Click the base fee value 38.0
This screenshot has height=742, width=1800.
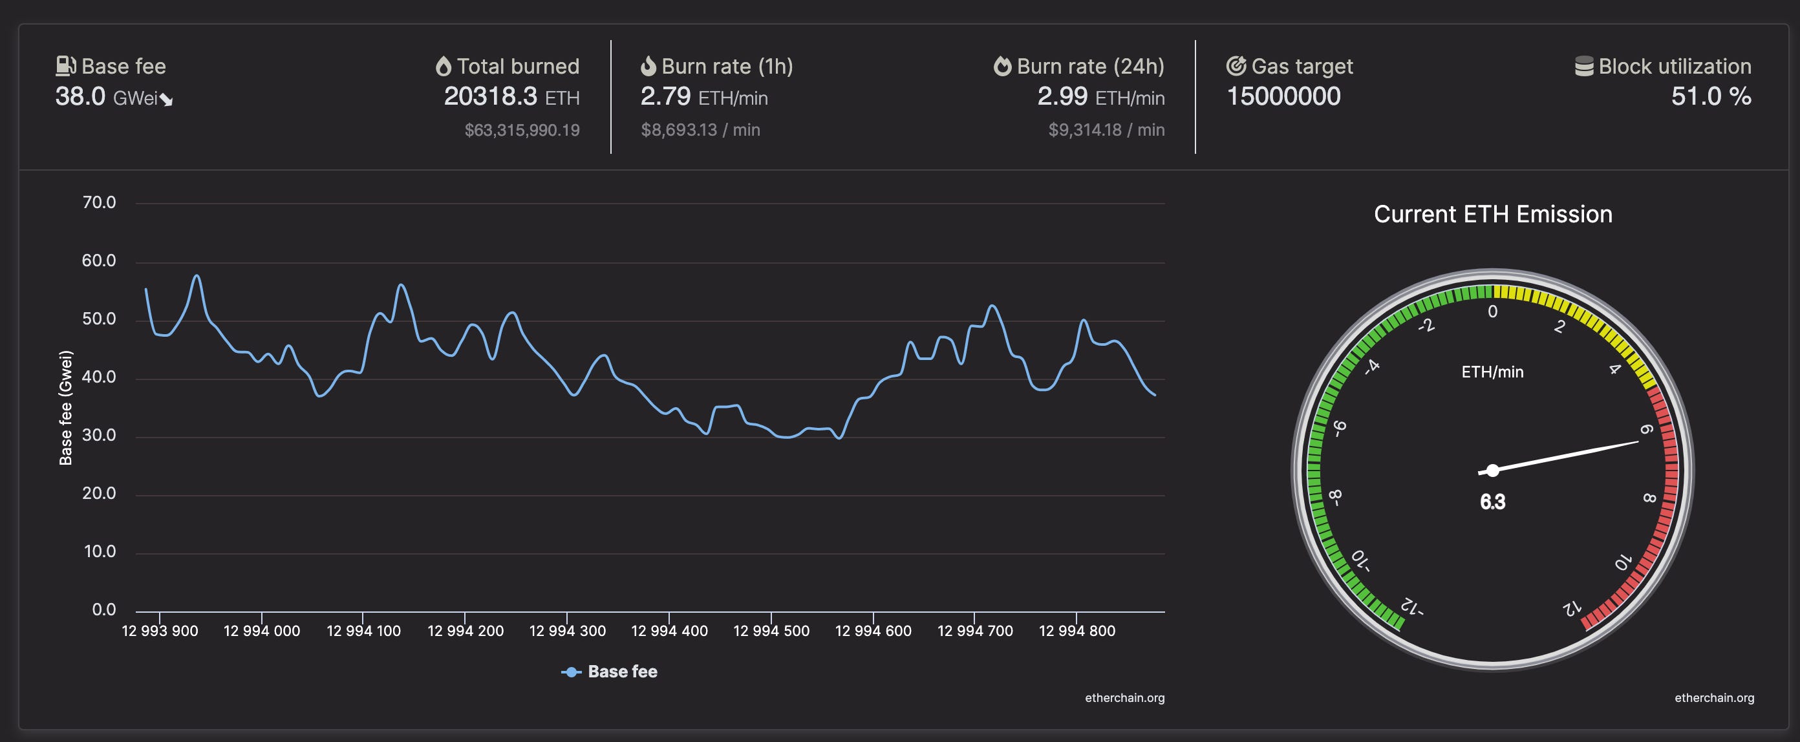pyautogui.click(x=80, y=96)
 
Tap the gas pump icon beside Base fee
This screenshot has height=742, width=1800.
pyautogui.click(x=66, y=66)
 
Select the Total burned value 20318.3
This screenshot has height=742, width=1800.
pyautogui.click(x=490, y=96)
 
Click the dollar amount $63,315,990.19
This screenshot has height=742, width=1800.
pyautogui.click(x=522, y=130)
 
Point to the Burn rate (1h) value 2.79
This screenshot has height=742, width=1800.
pyautogui.click(x=665, y=96)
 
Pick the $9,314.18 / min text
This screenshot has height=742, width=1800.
pyautogui.click(x=1106, y=130)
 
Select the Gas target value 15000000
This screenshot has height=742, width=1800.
pyautogui.click(x=1283, y=96)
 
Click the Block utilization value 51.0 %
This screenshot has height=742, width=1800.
pyautogui.click(x=1711, y=96)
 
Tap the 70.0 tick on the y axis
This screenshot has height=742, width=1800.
pyautogui.click(x=99, y=202)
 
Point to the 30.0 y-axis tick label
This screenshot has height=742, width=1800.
pyautogui.click(x=99, y=435)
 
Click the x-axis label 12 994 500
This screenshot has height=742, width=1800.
pyautogui.click(x=771, y=631)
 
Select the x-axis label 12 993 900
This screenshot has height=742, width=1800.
pyautogui.click(x=160, y=631)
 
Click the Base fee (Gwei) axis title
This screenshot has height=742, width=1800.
pyautogui.click(x=66, y=407)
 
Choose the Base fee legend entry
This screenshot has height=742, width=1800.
pyautogui.click(x=609, y=672)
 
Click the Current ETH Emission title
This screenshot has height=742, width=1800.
pyautogui.click(x=1492, y=214)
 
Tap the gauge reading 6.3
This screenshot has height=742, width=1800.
pyautogui.click(x=1492, y=502)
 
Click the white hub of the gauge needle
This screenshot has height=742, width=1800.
pyautogui.click(x=1492, y=470)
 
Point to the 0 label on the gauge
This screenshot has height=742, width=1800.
pyautogui.click(x=1492, y=312)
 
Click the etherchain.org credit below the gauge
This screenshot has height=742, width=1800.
pyautogui.click(x=1714, y=698)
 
